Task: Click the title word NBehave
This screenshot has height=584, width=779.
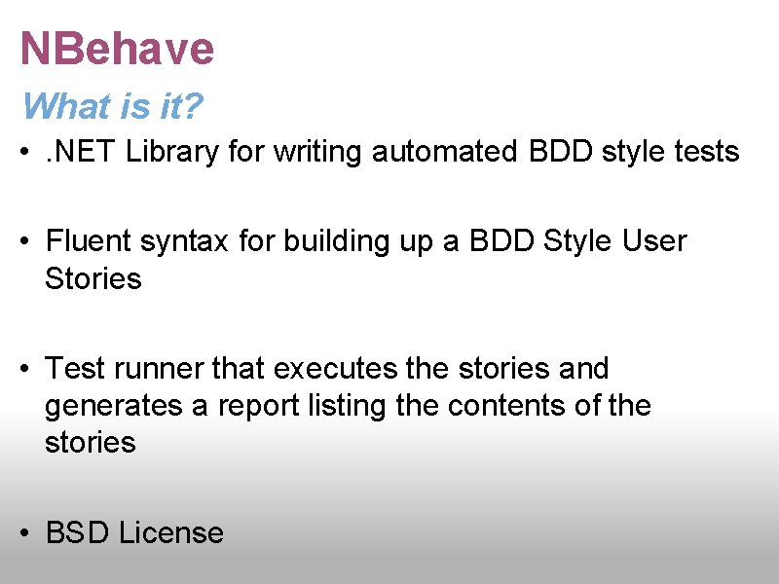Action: (x=117, y=49)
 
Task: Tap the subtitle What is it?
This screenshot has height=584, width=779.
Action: (x=112, y=106)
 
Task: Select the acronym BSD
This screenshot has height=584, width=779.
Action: (x=79, y=532)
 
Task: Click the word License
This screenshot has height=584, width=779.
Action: (x=171, y=532)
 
